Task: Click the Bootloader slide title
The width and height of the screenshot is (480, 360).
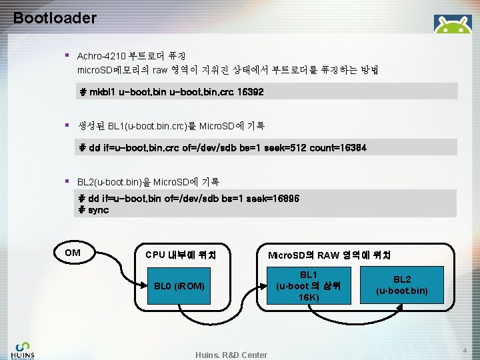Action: pyautogui.click(x=55, y=18)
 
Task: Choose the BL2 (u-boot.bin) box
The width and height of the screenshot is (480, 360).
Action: pyautogui.click(x=401, y=285)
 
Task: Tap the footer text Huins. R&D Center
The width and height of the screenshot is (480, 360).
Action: pyautogui.click(x=231, y=355)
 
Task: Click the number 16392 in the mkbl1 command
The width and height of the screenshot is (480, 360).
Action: pyautogui.click(x=251, y=92)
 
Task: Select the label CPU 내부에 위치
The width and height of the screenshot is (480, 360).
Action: pyautogui.click(x=180, y=255)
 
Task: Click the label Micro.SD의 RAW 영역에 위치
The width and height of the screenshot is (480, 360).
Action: pyautogui.click(x=329, y=255)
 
